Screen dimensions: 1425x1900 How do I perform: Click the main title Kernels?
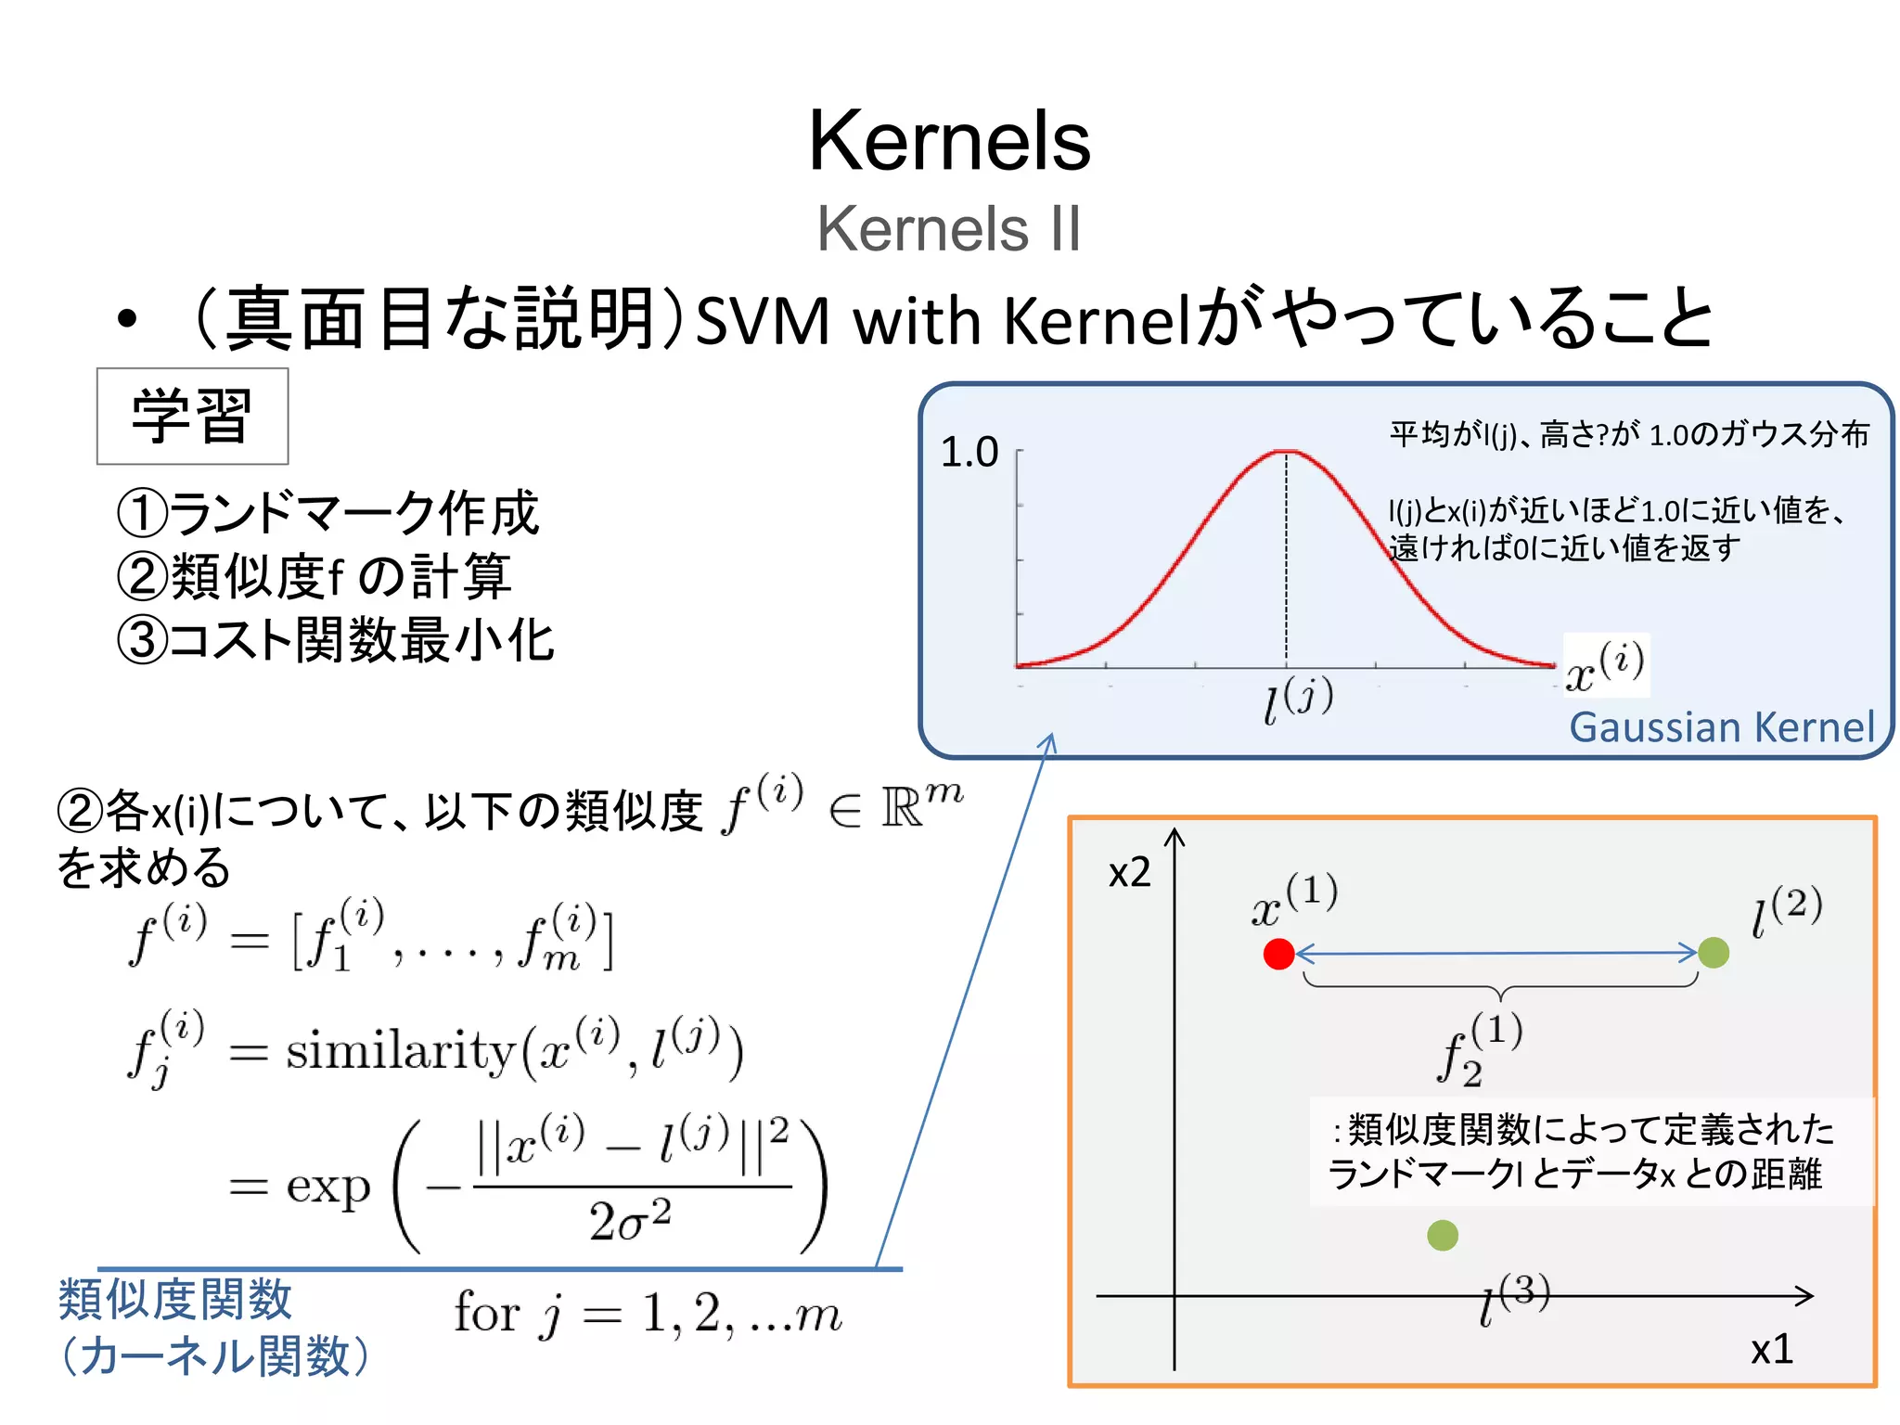tap(949, 141)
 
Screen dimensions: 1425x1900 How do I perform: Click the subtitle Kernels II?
tap(948, 228)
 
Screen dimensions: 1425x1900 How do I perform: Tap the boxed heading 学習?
tap(192, 417)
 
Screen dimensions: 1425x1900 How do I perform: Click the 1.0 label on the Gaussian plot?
tap(969, 453)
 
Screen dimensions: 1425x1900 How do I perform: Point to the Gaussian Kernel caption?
tap(1721, 726)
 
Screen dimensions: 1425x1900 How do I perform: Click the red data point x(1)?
tap(1278, 954)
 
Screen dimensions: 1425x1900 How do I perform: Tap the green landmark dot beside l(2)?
tap(1713, 953)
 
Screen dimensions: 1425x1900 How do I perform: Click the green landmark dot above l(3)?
tap(1443, 1235)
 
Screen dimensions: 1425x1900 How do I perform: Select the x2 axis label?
tap(1129, 873)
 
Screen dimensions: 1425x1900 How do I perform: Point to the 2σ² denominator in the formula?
tap(630, 1220)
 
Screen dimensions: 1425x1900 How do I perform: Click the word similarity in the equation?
tap(400, 1052)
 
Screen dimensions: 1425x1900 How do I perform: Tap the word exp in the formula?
tap(327, 1187)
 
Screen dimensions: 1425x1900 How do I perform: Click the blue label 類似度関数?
tap(175, 1300)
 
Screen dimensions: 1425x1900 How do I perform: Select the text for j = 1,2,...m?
tap(648, 1314)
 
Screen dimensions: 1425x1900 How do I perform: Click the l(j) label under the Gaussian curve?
tap(1298, 700)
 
